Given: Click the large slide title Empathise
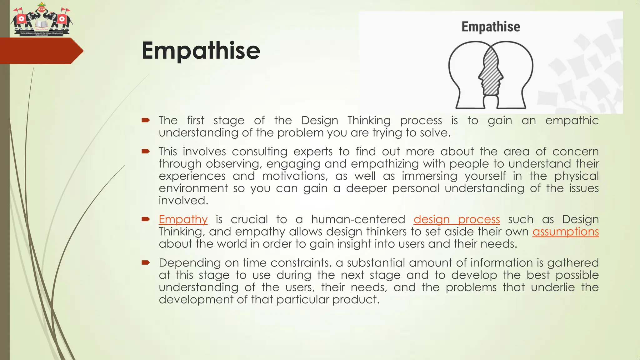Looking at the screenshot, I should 201,51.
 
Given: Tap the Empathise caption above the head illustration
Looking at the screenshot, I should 491,27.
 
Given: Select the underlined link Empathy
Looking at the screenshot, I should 183,219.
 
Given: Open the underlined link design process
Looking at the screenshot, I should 457,219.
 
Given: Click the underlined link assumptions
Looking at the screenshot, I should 566,232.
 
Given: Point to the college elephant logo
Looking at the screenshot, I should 41,19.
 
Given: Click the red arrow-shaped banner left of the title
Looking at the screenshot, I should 41,51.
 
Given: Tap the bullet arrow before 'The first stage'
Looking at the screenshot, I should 146,120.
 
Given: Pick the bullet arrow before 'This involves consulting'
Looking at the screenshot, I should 146,151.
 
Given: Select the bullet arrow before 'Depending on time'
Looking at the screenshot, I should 146,262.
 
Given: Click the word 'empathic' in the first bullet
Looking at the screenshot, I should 572,121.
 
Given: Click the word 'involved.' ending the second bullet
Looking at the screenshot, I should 183,201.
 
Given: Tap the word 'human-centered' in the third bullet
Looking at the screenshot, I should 358,219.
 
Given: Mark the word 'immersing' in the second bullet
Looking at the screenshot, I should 429,176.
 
